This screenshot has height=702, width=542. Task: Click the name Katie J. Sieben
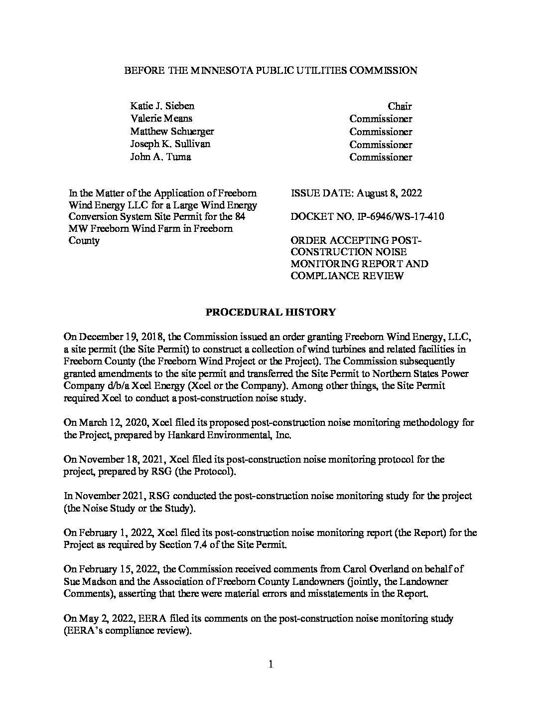(x=162, y=106)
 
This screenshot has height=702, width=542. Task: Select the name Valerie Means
(x=161, y=119)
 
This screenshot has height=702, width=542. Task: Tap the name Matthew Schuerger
(x=172, y=132)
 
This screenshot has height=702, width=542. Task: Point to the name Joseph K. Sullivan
(x=170, y=144)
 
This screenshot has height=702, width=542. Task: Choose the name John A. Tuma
(x=160, y=157)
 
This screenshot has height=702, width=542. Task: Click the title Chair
(x=400, y=106)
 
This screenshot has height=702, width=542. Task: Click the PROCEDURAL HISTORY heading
(x=271, y=313)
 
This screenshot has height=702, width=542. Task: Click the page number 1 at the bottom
(x=271, y=664)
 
